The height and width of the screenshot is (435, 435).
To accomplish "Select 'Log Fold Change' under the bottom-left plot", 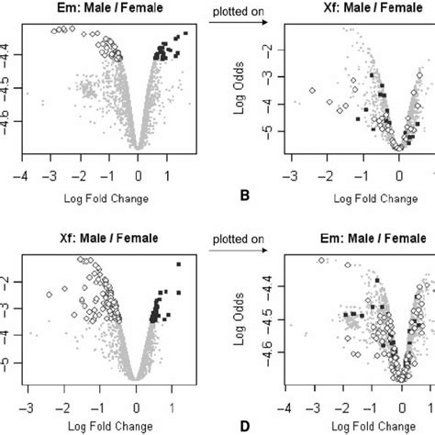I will tap(106, 426).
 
